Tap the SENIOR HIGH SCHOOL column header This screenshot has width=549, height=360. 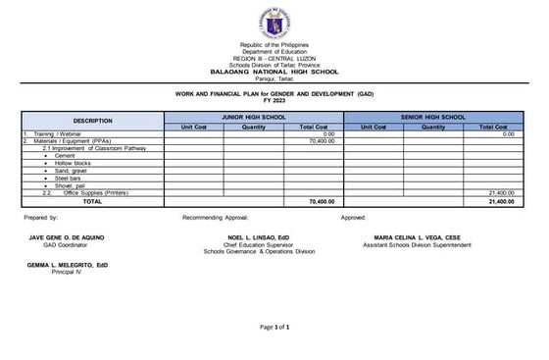click(433, 117)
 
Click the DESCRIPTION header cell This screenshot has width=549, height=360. click(92, 121)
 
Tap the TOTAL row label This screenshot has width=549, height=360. click(92, 201)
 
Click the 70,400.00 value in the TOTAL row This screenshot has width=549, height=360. click(322, 201)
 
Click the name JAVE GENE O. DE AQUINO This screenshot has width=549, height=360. click(67, 237)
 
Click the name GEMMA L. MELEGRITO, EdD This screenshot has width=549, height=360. click(67, 265)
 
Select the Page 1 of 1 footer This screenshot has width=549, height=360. click(274, 326)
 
